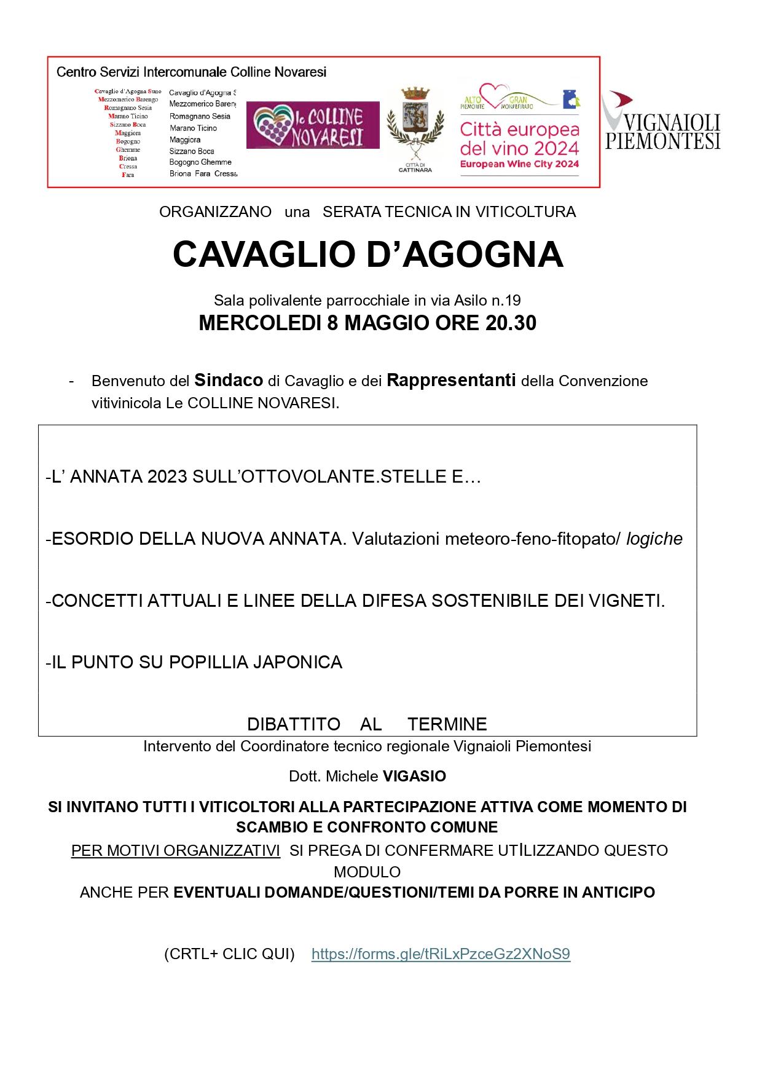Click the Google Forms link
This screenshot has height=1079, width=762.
(x=441, y=954)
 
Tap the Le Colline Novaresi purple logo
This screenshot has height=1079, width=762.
(x=313, y=125)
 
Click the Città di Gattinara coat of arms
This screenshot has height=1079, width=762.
(x=415, y=124)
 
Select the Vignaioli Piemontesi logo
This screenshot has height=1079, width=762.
(x=662, y=123)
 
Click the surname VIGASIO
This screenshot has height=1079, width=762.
(x=414, y=776)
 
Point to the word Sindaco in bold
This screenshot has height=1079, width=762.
(x=229, y=381)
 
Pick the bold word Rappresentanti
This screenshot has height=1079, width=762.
(x=451, y=381)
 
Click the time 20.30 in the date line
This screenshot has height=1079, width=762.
(x=511, y=323)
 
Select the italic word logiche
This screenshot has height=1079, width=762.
(x=654, y=539)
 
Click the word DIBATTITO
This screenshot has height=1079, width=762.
(x=294, y=724)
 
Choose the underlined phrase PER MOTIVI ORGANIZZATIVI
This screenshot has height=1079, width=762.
(x=176, y=850)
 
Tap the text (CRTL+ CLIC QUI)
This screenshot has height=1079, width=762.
(x=229, y=954)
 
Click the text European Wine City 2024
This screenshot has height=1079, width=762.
(x=519, y=164)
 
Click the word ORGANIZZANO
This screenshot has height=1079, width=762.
(x=215, y=212)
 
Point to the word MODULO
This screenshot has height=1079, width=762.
(x=367, y=872)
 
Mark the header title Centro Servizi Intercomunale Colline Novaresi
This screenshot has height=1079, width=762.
(x=191, y=72)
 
